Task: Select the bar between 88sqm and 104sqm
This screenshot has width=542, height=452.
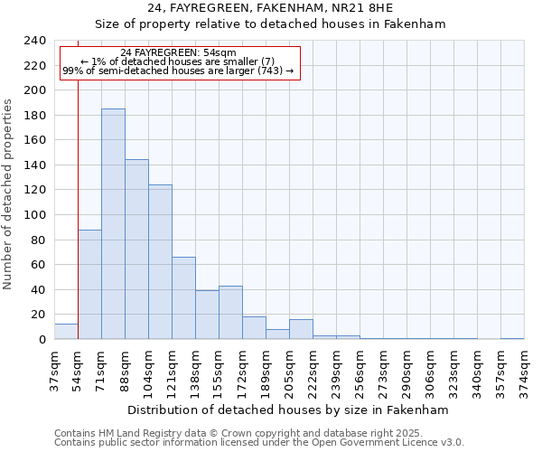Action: (136, 250)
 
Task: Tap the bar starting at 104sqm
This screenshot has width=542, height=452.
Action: (160, 262)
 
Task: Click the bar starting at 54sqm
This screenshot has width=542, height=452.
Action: (89, 285)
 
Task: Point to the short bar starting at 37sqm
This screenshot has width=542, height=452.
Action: (66, 332)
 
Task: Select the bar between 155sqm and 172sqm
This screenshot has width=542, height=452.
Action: (230, 313)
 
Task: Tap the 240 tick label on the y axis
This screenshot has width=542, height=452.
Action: (34, 41)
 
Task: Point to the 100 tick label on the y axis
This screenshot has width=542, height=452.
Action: (34, 90)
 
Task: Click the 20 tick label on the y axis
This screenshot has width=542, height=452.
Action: (38, 315)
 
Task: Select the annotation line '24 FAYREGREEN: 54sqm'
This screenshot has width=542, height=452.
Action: (178, 53)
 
